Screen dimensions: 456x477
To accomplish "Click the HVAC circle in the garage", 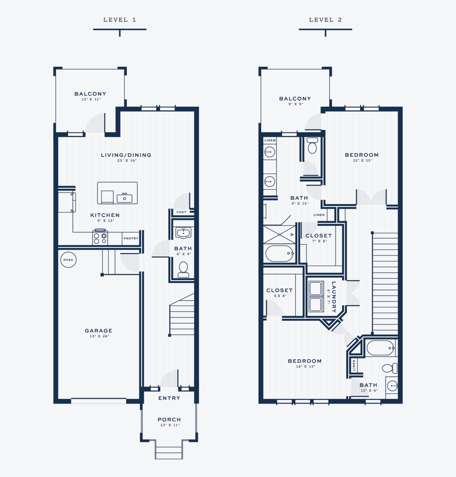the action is (x=68, y=260).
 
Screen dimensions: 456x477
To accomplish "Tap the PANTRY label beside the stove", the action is (x=131, y=238).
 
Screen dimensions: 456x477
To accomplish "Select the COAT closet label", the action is (x=182, y=212).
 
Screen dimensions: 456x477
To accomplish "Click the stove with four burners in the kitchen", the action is (x=100, y=237).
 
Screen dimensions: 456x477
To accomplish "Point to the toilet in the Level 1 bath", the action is (x=183, y=270).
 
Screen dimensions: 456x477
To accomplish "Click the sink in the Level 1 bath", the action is (x=183, y=233).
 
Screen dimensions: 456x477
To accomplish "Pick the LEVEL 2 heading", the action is (x=325, y=20).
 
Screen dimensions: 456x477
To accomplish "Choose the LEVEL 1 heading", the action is (x=120, y=20).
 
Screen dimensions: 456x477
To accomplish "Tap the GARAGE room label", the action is (x=98, y=331).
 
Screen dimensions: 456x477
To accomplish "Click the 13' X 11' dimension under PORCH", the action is (x=170, y=425).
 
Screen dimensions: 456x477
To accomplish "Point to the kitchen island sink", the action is (x=125, y=198).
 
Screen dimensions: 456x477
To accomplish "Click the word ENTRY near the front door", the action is (x=169, y=398).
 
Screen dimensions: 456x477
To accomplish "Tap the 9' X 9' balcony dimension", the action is (x=296, y=104).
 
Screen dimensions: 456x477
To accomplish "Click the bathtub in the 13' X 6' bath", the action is (x=381, y=348).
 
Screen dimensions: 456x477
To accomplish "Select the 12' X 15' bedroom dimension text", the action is (x=363, y=160).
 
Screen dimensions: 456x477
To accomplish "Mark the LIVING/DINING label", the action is (x=126, y=155).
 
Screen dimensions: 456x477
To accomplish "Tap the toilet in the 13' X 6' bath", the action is (x=390, y=368).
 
